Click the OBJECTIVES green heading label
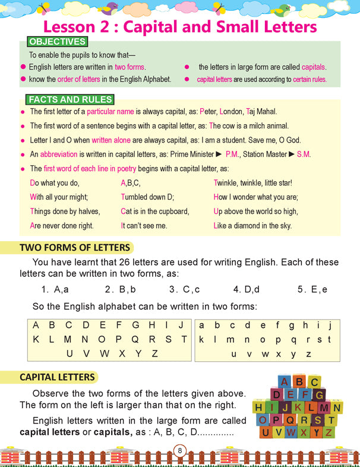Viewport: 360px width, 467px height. click(57, 42)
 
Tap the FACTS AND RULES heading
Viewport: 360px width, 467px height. click(70, 100)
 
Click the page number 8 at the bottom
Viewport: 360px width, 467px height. click(179, 450)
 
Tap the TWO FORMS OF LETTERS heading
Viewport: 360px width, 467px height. click(74, 248)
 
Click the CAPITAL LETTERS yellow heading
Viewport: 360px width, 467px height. click(57, 377)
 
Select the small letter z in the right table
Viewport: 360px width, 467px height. click(309, 354)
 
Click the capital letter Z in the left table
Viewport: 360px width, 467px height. click(154, 354)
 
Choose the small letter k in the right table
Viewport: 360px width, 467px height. click(201, 340)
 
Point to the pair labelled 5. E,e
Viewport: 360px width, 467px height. click(312, 290)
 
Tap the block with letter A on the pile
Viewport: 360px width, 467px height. click(285, 381)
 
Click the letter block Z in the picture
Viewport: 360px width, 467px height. click(328, 432)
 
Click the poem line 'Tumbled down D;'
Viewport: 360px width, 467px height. click(147, 197)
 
